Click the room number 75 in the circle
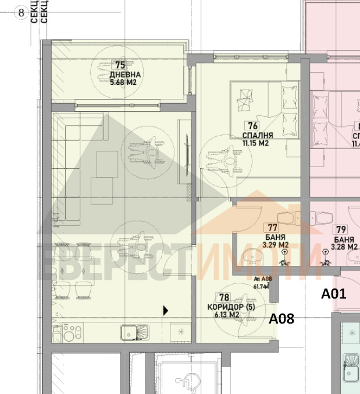point(120,66)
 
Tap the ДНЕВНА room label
point(125,75)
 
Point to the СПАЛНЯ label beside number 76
point(258,135)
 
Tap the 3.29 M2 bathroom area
point(275,246)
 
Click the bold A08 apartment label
point(281,318)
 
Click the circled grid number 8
point(22,12)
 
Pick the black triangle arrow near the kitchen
point(165,311)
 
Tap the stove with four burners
point(70,333)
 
